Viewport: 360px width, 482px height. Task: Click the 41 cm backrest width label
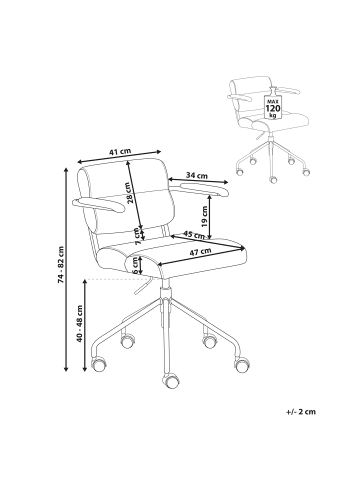click(x=120, y=152)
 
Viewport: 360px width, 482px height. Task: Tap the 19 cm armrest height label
click(x=205, y=216)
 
